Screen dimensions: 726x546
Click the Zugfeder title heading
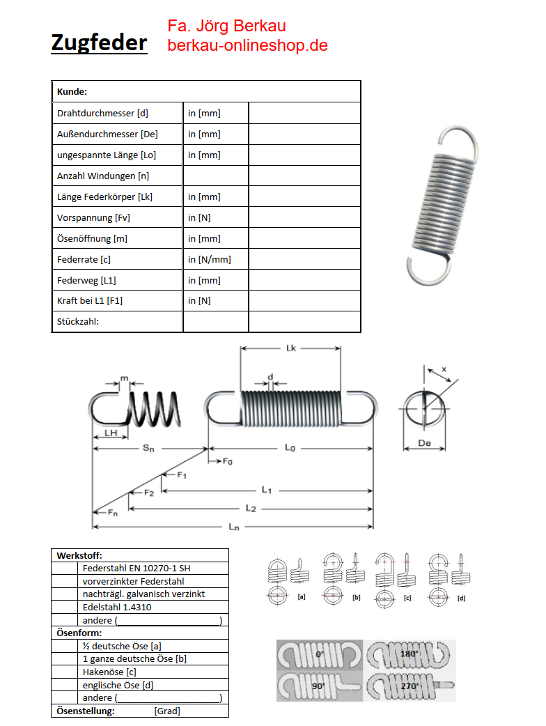pos(99,43)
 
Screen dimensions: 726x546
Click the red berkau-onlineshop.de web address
pos(247,45)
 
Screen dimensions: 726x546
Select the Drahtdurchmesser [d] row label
pos(102,113)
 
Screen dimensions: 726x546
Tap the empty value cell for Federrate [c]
pos(304,259)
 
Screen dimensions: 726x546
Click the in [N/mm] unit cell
pos(210,259)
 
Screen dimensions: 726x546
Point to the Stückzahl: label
pos(78,322)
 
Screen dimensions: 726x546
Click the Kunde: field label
pos(72,91)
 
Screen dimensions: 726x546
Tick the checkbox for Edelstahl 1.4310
pos(68,607)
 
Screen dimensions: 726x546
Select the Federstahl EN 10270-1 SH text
pos(136,569)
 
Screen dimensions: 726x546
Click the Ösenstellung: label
pos(85,711)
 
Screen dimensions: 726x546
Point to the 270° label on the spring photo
pos(409,686)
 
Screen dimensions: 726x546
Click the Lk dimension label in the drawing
pos(291,348)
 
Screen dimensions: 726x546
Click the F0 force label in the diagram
pos(228,462)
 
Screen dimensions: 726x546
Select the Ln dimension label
pos(234,527)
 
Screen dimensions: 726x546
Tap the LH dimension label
pos(110,433)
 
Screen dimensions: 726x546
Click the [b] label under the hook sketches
pos(357,598)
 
